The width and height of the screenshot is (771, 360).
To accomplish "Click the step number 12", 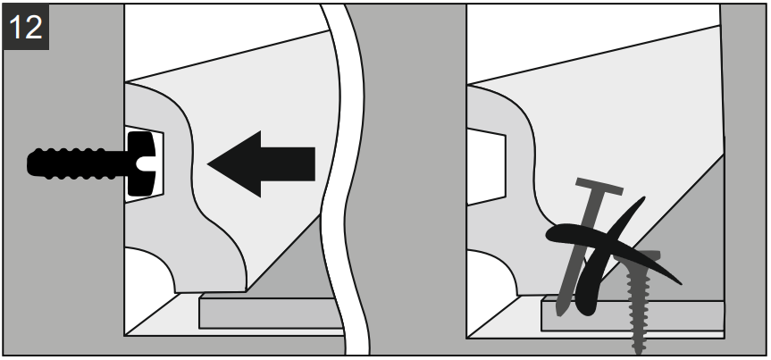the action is pos(26,27).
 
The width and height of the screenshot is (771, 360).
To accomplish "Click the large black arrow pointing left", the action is pos(261,163).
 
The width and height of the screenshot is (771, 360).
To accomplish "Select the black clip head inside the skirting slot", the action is pos(142,163).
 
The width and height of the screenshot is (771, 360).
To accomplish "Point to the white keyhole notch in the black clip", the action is pos(146,163).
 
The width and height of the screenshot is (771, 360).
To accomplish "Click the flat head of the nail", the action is pos(599,187).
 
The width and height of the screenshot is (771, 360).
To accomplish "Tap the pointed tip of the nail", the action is pos(559,314).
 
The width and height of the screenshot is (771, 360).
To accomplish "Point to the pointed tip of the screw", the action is pos(638,352).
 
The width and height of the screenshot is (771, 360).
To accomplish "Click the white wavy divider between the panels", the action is pos(343,180).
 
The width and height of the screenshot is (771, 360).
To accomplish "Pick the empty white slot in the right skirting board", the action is pos(486,166).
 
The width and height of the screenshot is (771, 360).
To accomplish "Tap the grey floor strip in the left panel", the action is pos(271,314).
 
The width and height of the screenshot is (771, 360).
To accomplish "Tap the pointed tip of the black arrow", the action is pos(208,164).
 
